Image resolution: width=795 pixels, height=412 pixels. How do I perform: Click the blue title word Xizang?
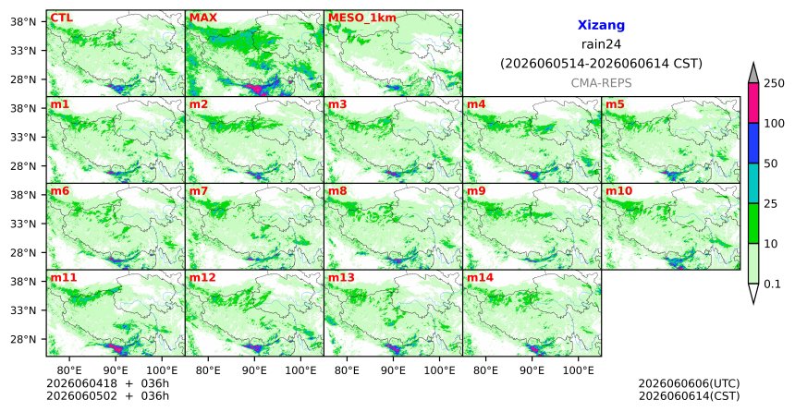(x=601, y=25)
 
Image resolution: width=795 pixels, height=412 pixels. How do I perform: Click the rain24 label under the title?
(x=601, y=44)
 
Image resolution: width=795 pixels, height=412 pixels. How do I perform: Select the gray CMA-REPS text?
(x=601, y=82)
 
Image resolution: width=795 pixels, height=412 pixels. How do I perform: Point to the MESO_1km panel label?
(x=362, y=18)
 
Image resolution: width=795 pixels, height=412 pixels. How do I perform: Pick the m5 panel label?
(x=615, y=105)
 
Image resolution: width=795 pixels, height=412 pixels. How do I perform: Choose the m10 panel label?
(x=618, y=191)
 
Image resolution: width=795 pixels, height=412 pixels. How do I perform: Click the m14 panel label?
(x=480, y=278)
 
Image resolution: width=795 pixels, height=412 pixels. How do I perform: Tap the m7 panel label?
(x=199, y=191)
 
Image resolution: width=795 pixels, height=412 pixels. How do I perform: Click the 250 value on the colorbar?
(x=774, y=83)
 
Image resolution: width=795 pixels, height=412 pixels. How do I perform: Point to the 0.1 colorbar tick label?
(x=772, y=284)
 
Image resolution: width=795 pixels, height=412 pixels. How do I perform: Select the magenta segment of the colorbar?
(x=753, y=103)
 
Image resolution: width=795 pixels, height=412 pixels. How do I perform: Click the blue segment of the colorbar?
(x=753, y=143)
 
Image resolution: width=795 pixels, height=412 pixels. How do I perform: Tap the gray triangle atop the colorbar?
(x=753, y=74)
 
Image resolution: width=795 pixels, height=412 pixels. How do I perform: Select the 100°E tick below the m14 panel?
(x=578, y=371)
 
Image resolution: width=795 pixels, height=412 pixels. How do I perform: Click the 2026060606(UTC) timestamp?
(x=689, y=383)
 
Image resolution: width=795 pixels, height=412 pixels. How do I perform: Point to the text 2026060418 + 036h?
(x=107, y=383)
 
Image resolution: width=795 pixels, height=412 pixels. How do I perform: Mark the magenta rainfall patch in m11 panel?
(x=116, y=348)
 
